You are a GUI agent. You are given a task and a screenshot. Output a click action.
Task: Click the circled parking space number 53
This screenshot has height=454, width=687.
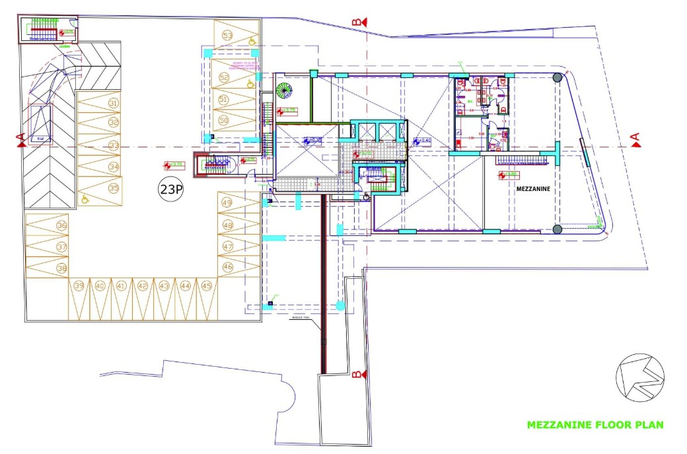pos(228,35)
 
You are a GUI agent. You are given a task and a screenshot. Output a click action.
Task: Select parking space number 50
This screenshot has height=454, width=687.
pos(224,121)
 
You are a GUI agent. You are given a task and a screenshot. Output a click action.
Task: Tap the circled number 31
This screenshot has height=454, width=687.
pos(114,103)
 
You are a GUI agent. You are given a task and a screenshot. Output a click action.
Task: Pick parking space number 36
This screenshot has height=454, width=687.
pos(62,225)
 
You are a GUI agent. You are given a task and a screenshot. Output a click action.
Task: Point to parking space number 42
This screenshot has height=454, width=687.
pos(143,286)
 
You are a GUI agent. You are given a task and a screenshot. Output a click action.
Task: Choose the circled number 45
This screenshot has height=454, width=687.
pos(206,286)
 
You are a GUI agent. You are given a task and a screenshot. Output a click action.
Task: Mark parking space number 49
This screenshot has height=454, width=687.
pos(228,203)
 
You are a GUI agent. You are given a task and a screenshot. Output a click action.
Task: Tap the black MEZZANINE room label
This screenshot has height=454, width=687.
pos(534,188)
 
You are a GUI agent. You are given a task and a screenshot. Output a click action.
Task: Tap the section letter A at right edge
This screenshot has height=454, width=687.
pos(635,139)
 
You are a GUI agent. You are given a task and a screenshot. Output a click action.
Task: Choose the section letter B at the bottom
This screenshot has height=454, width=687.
pos(356,375)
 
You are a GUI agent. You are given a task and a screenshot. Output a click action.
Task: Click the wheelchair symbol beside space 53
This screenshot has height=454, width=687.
pos(252,40)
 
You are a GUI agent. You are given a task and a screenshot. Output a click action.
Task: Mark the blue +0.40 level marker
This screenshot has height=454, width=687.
pos(423,141)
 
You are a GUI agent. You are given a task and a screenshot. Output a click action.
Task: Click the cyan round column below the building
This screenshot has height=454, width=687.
pos(340,305)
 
